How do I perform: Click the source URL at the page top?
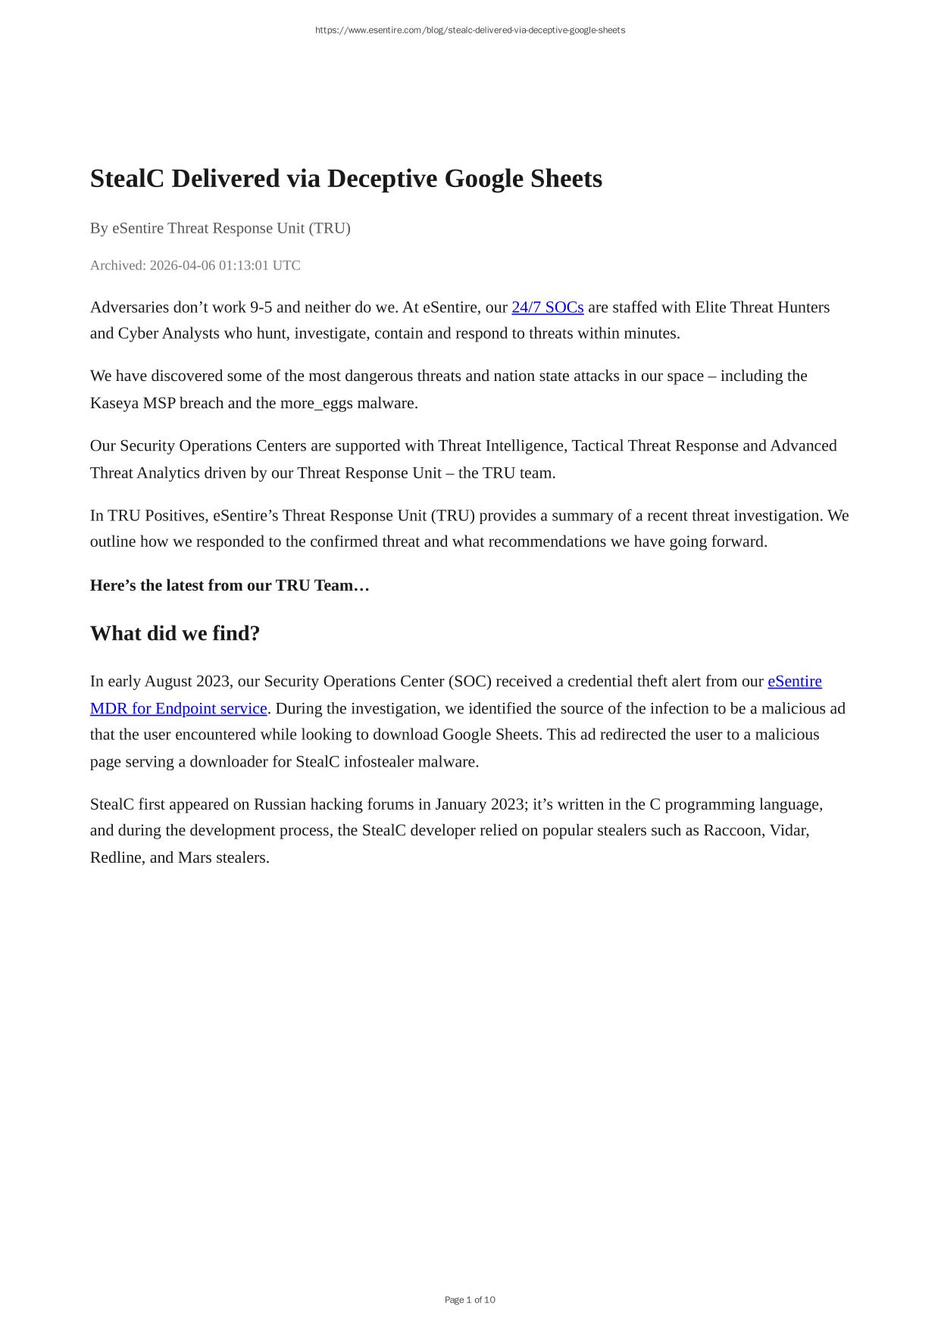[x=470, y=30]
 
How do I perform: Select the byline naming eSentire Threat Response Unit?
[x=220, y=228]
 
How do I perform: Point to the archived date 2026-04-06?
[x=182, y=265]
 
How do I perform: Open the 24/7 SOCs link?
[x=547, y=307]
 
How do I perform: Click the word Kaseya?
[x=114, y=403]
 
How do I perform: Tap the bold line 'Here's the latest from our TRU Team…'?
[x=230, y=585]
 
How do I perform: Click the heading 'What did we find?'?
[x=175, y=633]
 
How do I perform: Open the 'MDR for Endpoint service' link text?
[x=179, y=708]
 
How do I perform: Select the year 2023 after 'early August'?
[x=212, y=681]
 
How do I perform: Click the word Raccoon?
[x=732, y=830]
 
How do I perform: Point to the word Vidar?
[x=789, y=830]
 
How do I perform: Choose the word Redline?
[x=116, y=857]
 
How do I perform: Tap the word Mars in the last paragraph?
[x=195, y=857]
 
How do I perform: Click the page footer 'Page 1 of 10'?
[x=470, y=1300]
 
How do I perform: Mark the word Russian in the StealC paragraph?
[x=280, y=804]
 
